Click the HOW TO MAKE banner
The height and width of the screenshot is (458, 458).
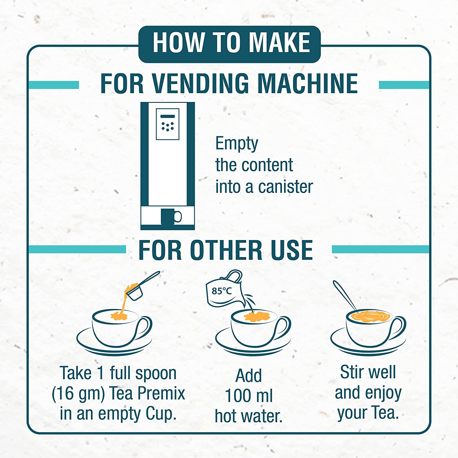click(230, 43)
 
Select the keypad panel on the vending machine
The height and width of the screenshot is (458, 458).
click(167, 124)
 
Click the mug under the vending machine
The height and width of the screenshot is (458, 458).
click(169, 216)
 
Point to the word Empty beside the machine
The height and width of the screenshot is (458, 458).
click(237, 144)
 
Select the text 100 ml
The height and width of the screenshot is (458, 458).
click(249, 396)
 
